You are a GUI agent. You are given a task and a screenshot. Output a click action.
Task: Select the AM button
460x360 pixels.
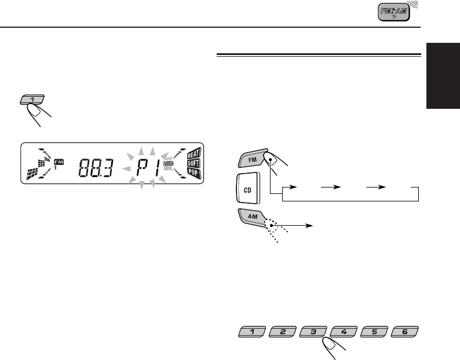pos(252,218)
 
